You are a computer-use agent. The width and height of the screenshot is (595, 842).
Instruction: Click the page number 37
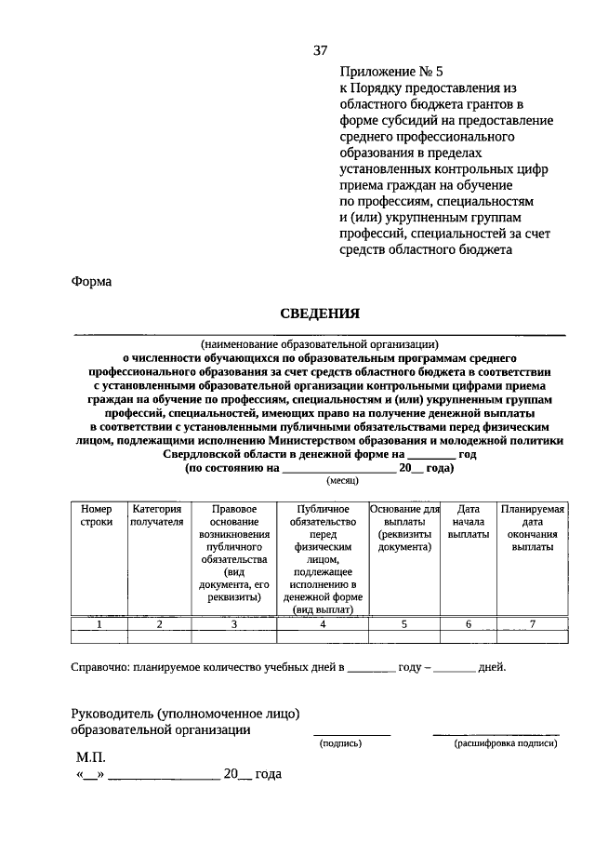click(320, 49)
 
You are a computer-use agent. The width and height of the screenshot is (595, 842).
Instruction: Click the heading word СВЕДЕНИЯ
click(320, 314)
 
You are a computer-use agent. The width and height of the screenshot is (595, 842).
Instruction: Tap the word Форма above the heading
click(91, 281)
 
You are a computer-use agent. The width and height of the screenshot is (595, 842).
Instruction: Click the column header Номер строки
click(96, 515)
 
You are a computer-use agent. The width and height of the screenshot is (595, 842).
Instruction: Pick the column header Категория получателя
click(158, 515)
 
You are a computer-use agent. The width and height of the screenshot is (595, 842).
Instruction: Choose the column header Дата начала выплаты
click(468, 522)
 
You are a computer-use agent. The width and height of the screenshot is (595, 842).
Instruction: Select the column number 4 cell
click(323, 624)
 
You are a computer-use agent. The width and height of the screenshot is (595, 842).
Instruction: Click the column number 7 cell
click(532, 624)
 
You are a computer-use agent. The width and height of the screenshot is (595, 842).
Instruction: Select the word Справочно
click(99, 667)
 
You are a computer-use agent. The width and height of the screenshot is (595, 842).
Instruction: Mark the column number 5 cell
click(404, 624)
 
